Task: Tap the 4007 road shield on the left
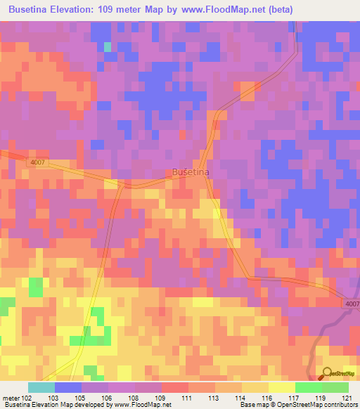[39, 162]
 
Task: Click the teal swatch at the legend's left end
[41, 387]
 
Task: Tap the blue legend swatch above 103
[68, 387]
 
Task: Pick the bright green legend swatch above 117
[308, 387]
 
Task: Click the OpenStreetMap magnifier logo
[328, 374]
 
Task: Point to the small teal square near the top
[108, 47]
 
